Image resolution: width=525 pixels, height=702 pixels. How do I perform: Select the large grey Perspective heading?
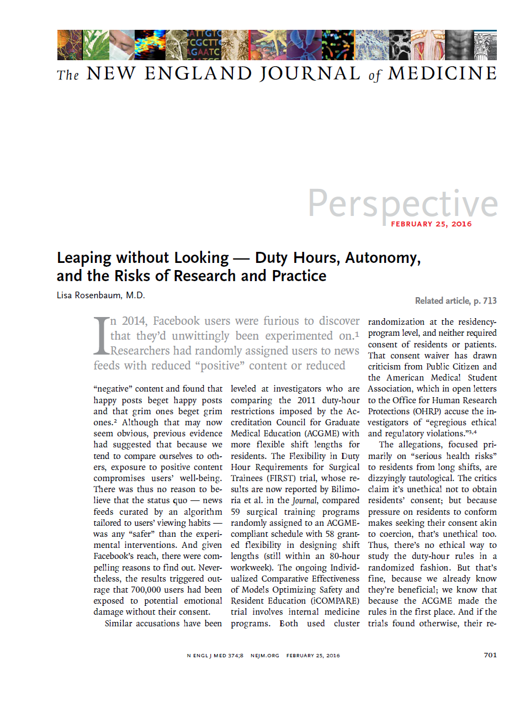tap(402, 203)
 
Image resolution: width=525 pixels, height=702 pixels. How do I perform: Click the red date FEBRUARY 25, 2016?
tap(431, 224)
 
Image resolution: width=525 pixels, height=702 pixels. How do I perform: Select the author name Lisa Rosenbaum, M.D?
tap(101, 295)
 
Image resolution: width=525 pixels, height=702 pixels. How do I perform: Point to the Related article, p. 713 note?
tap(455, 301)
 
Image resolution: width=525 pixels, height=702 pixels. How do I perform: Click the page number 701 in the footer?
tap(490, 655)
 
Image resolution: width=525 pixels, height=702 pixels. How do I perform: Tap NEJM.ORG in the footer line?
tap(266, 656)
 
